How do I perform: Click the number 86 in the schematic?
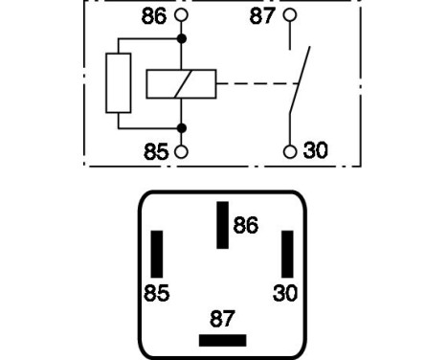pyautogui.click(x=153, y=16)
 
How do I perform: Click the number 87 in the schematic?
pyautogui.click(x=263, y=15)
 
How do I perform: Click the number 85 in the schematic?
pyautogui.click(x=153, y=151)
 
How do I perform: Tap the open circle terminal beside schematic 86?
pyautogui.click(x=181, y=16)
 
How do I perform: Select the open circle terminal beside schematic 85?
pyautogui.click(x=181, y=151)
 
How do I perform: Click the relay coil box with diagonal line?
pyautogui.click(x=182, y=83)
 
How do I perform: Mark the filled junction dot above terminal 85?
pyautogui.click(x=181, y=127)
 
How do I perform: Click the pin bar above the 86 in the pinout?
pyautogui.click(x=222, y=225)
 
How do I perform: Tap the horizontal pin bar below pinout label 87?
pyautogui.click(x=222, y=340)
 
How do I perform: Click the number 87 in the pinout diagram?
pyautogui.click(x=222, y=317)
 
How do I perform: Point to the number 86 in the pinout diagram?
pyautogui.click(x=246, y=226)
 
